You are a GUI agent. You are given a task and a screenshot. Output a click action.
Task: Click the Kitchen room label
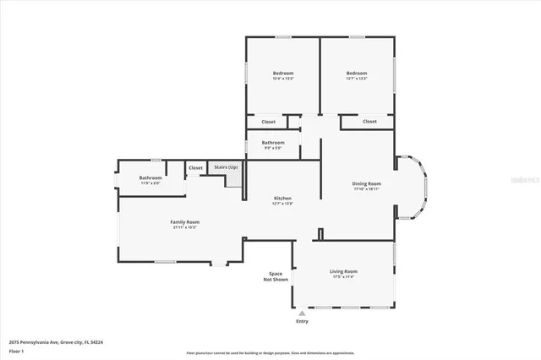click(281, 198)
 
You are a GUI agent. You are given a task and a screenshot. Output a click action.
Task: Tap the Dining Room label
click(367, 183)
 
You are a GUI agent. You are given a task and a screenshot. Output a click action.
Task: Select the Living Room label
click(343, 270)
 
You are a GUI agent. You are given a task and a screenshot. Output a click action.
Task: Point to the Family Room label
click(185, 221)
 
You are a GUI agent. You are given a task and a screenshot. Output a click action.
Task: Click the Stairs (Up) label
click(226, 167)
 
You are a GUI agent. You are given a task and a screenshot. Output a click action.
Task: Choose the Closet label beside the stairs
click(195, 167)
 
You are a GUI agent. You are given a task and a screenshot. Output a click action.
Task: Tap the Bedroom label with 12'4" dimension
click(282, 74)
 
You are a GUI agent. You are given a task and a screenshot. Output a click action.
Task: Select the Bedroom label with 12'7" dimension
click(356, 74)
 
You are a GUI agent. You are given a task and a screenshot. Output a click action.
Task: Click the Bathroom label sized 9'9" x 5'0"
click(272, 142)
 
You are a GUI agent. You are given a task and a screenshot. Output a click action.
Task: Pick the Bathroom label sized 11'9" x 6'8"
click(150, 177)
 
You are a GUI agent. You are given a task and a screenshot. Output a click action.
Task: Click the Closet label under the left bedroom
click(268, 122)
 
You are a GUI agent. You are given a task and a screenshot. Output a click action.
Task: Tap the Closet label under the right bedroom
click(369, 122)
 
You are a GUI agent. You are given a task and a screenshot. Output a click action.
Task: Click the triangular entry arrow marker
click(302, 313)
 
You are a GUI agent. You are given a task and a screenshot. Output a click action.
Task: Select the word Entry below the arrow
click(302, 321)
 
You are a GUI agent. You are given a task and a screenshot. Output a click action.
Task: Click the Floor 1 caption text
click(17, 350)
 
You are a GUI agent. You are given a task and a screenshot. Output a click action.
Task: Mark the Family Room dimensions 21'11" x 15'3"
click(185, 226)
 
